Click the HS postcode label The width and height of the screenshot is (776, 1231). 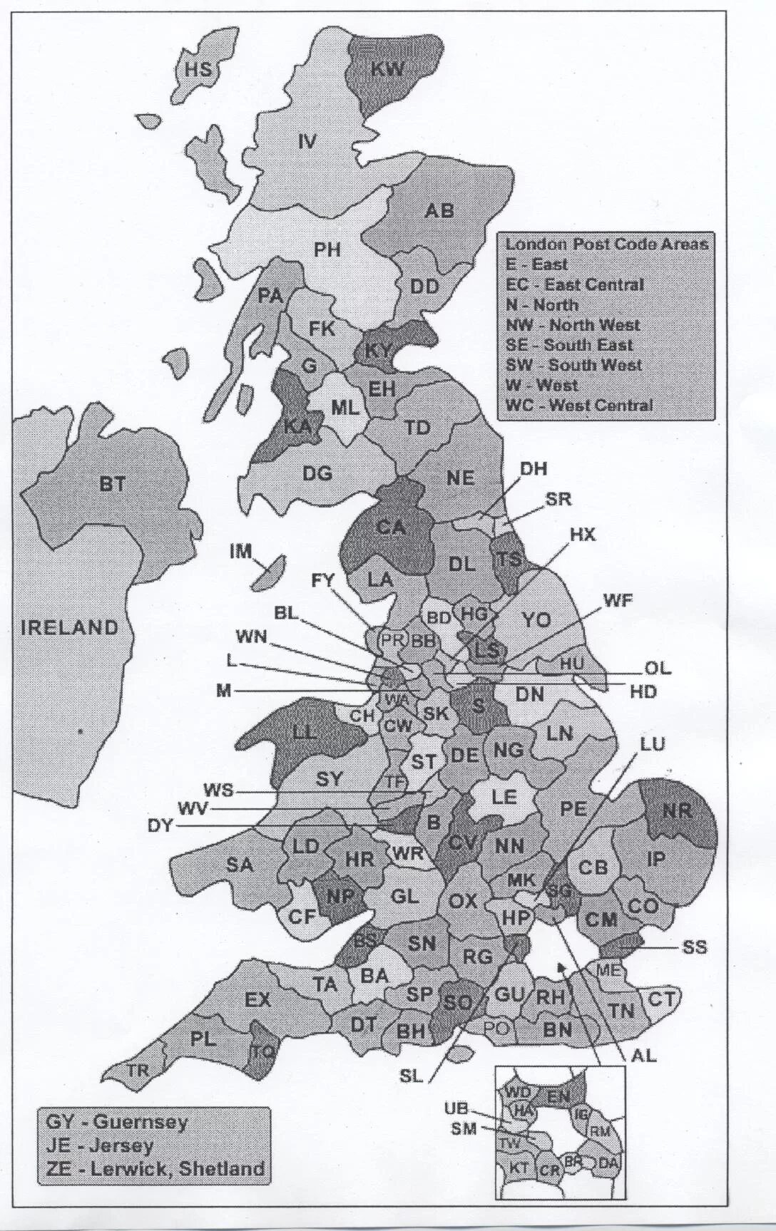(x=198, y=69)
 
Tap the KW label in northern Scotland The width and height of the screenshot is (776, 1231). (x=387, y=68)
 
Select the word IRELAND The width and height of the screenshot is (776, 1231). (x=69, y=628)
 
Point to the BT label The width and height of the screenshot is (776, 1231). (x=112, y=485)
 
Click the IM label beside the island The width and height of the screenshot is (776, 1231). (x=241, y=551)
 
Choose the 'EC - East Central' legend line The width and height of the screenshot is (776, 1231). (x=574, y=284)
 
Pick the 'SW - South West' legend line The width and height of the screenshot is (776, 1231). (x=573, y=365)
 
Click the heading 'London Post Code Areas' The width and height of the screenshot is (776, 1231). (x=607, y=244)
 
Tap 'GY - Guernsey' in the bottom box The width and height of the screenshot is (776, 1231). (x=116, y=1121)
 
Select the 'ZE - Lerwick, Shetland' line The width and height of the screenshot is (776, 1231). (x=155, y=1168)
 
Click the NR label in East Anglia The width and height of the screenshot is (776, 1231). (x=677, y=811)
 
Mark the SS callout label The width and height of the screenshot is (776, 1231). (x=694, y=947)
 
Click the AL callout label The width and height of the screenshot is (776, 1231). (x=643, y=1056)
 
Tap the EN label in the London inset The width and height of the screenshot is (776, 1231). (x=558, y=1096)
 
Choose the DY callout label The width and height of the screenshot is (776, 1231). (x=160, y=826)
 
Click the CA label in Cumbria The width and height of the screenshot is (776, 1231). (x=390, y=527)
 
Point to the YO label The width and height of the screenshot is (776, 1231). (x=536, y=619)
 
